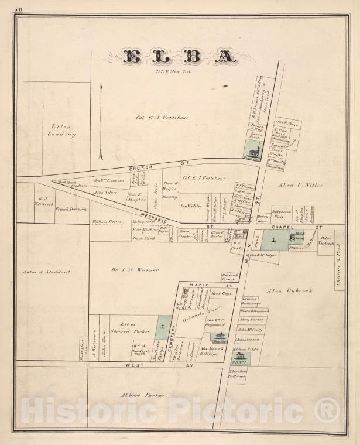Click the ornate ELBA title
180,56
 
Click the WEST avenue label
135,365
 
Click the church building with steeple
253,150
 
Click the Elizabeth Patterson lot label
238,372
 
